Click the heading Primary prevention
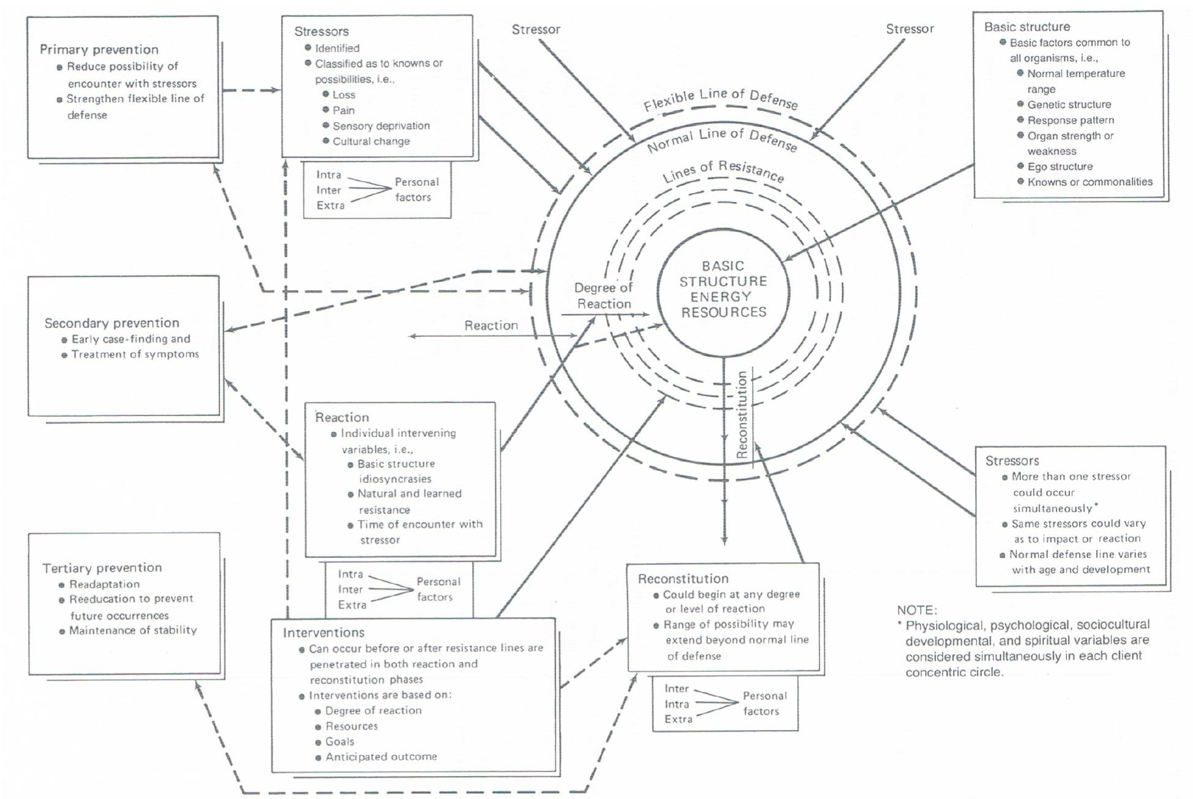(x=99, y=50)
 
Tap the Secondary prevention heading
(x=111, y=323)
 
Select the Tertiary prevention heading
(x=102, y=568)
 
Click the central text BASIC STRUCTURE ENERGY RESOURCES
(x=723, y=289)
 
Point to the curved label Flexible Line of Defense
(x=720, y=99)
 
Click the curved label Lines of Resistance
(x=723, y=171)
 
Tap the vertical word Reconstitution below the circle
(x=742, y=415)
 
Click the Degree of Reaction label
(x=604, y=296)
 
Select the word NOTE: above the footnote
(x=916, y=610)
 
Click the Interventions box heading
(x=323, y=632)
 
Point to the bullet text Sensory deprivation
(x=381, y=126)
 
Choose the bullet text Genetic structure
(x=1069, y=105)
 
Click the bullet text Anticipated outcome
(x=381, y=757)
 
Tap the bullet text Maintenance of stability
(x=133, y=630)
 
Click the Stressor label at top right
(x=910, y=29)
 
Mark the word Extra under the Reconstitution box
(x=678, y=719)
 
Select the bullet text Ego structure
(x=1060, y=167)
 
